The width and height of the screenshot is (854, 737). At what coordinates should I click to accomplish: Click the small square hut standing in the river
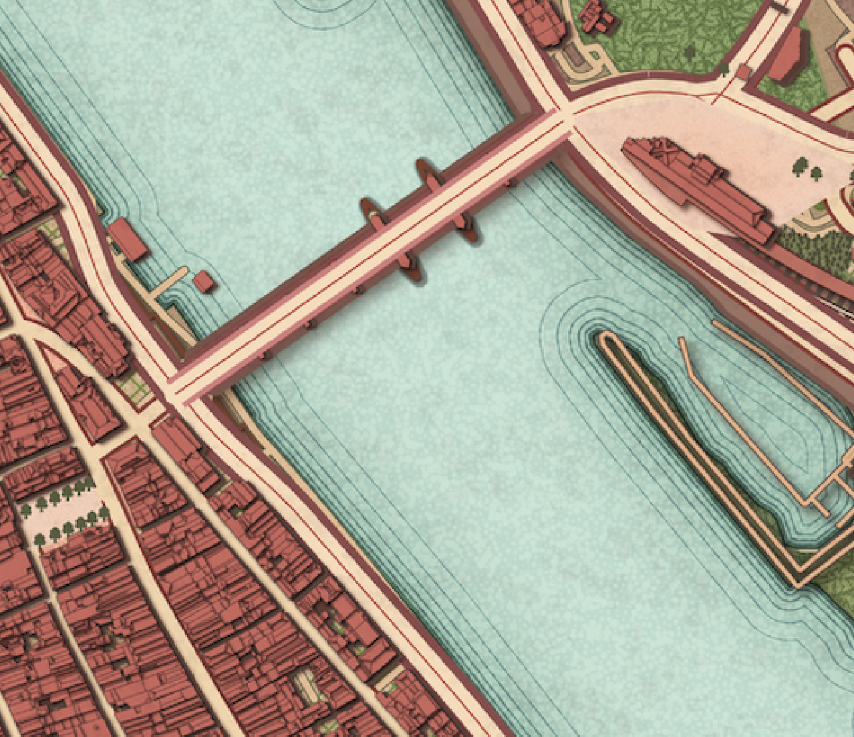204,282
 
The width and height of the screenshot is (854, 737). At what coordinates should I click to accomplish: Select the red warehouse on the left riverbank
128,238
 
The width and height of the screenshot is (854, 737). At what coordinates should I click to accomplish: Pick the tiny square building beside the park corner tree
743,72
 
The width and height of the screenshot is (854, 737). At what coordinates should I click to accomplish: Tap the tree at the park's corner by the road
724,67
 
